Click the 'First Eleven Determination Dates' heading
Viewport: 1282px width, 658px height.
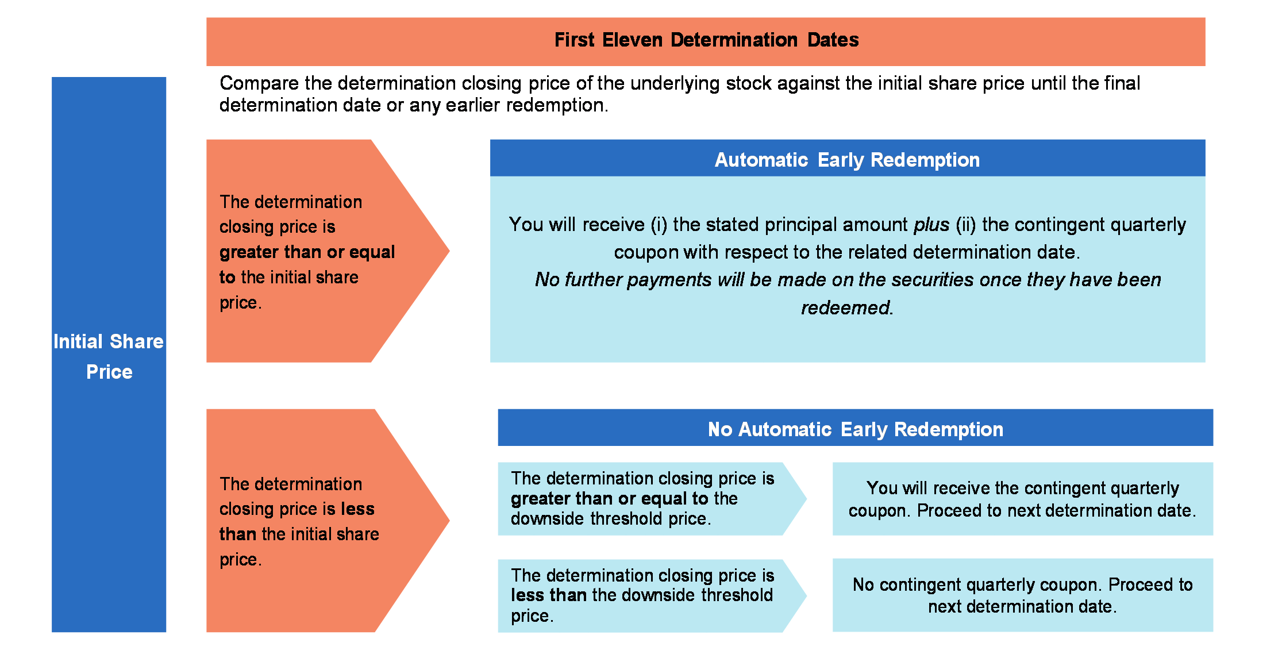[706, 40]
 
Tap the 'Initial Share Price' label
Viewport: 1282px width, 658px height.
[109, 356]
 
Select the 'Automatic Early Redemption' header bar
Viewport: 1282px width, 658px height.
[848, 158]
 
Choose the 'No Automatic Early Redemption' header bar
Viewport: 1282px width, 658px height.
[856, 428]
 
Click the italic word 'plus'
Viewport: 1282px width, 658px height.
[931, 225]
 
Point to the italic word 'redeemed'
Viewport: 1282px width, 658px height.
[845, 308]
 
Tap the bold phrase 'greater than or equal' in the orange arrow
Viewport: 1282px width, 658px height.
[307, 252]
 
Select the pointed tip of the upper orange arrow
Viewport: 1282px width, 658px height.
[449, 251]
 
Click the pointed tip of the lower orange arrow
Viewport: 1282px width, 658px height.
[449, 521]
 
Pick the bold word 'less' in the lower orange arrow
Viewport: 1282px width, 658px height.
[357, 509]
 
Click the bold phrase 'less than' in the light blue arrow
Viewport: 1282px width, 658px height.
[549, 595]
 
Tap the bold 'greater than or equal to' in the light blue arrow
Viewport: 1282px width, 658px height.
[610, 498]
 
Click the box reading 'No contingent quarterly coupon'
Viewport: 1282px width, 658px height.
[1023, 595]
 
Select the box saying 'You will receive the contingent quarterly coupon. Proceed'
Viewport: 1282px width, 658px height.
[1023, 499]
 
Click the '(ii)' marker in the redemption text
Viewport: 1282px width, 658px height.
[966, 225]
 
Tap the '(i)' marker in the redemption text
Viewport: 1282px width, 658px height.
[659, 225]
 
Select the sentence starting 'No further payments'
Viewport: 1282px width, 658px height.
[848, 294]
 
